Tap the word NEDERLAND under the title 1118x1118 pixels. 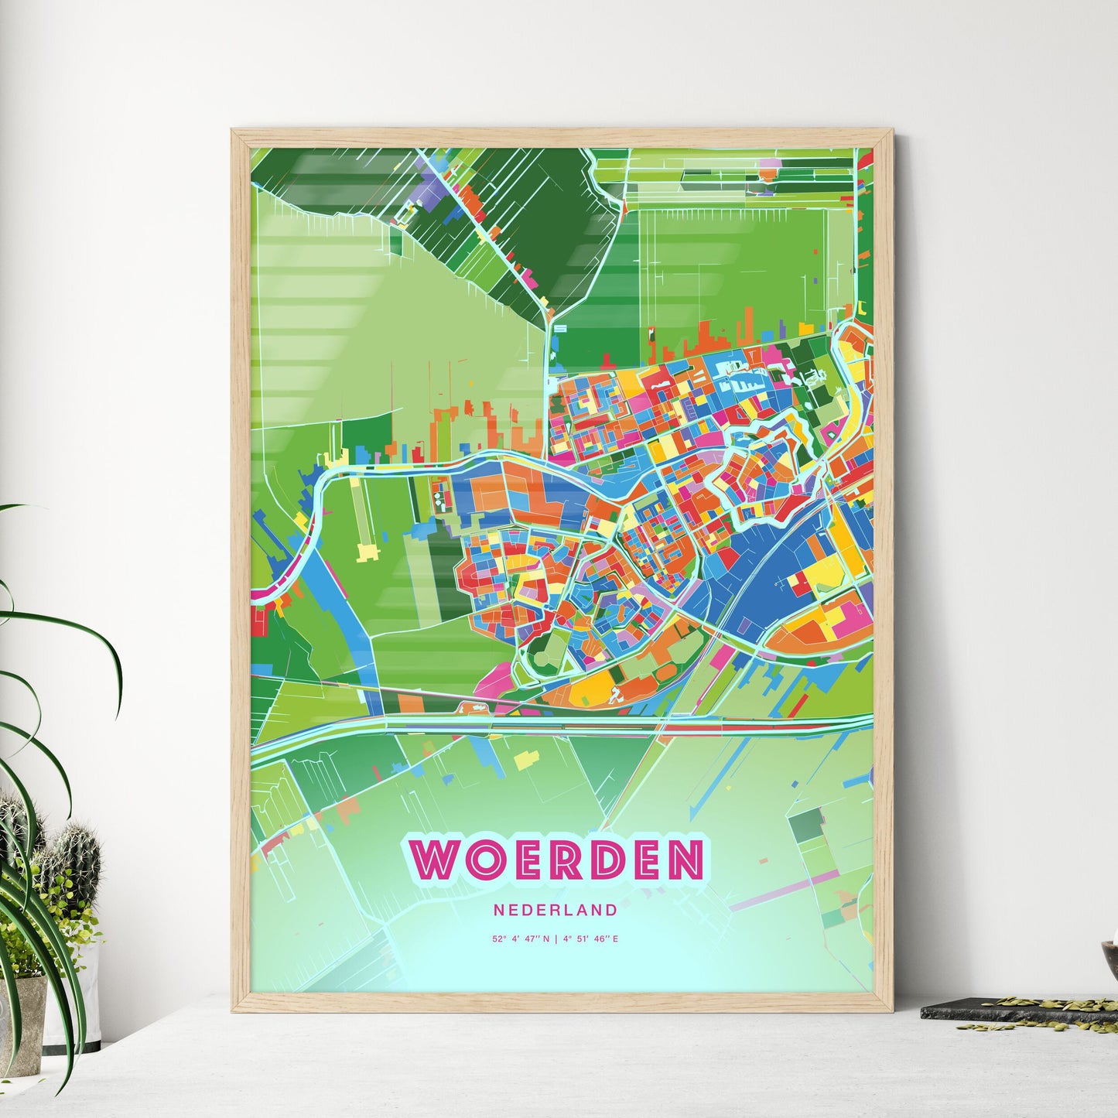coord(556,910)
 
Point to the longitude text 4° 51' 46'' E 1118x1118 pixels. coord(590,939)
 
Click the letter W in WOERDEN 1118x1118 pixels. coord(437,858)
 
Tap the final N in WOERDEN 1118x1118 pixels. coord(680,858)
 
